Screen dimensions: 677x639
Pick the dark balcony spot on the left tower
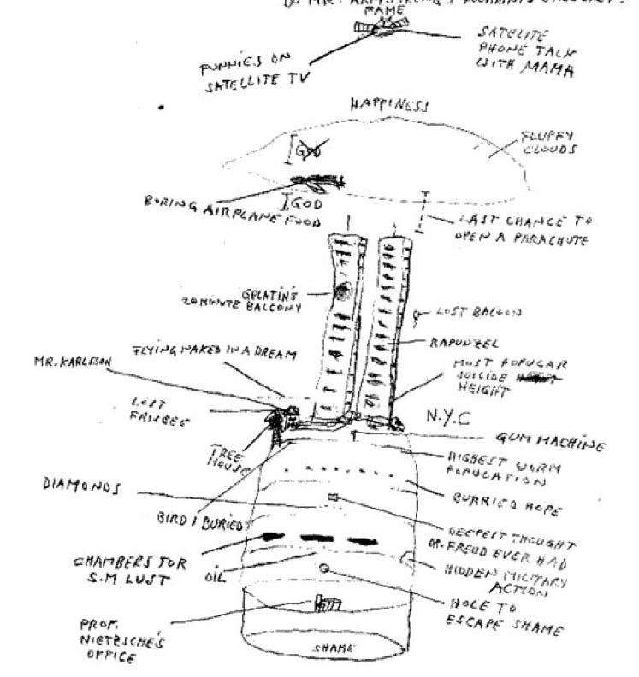pyautogui.click(x=342, y=291)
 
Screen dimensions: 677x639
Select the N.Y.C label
pyautogui.click(x=450, y=416)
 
